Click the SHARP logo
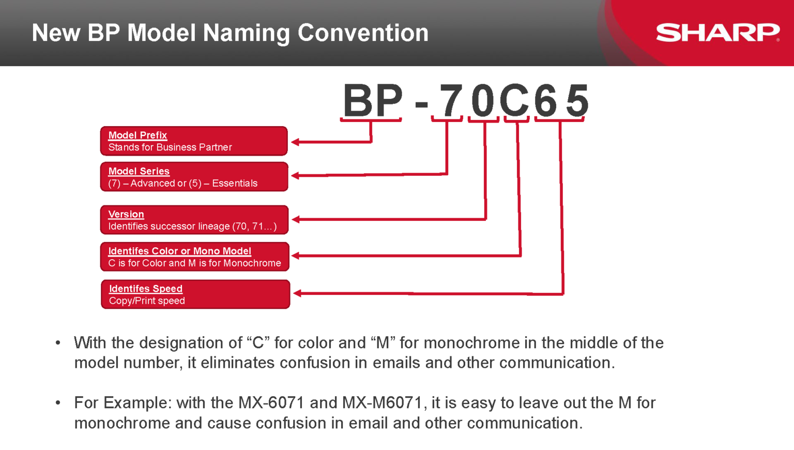[717, 33]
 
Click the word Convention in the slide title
[363, 33]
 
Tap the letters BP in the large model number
[373, 100]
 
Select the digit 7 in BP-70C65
[451, 100]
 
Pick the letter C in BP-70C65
[514, 100]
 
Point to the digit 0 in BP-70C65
[483, 100]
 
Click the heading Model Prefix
[138, 135]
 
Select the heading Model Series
[139, 171]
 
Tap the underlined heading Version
[126, 214]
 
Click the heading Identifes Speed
[146, 289]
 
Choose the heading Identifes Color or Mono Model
[180, 251]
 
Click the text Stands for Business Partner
[170, 147]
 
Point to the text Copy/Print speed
[147, 301]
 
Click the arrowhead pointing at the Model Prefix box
[295, 142]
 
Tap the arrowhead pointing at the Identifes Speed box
[297, 293]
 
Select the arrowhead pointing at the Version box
[296, 219]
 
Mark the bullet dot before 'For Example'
[58, 403]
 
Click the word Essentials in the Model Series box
[235, 183]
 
